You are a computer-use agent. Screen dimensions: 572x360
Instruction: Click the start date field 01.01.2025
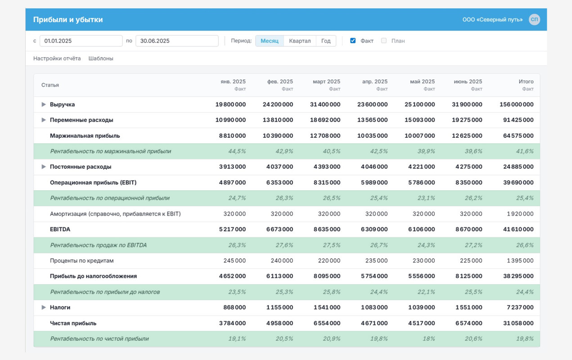pyautogui.click(x=81, y=41)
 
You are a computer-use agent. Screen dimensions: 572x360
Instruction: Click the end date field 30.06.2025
pyautogui.click(x=177, y=41)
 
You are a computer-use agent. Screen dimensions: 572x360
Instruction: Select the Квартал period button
pyautogui.click(x=300, y=41)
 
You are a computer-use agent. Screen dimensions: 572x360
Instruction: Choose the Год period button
pyautogui.click(x=326, y=41)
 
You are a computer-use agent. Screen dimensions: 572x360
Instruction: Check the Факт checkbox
pyautogui.click(x=353, y=40)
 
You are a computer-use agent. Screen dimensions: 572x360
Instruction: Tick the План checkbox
pyautogui.click(x=383, y=40)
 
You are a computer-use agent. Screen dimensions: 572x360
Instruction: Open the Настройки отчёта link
pyautogui.click(x=57, y=58)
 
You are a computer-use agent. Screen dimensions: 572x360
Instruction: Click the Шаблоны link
pyautogui.click(x=101, y=58)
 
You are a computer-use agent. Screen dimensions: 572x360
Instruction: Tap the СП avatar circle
pyautogui.click(x=534, y=20)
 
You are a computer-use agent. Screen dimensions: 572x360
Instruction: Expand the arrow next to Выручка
pyautogui.click(x=44, y=104)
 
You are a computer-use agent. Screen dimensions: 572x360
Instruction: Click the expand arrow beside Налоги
pyautogui.click(x=44, y=307)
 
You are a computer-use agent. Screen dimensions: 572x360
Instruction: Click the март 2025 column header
pyautogui.click(x=326, y=81)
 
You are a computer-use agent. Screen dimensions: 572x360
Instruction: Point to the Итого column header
pyautogui.click(x=526, y=81)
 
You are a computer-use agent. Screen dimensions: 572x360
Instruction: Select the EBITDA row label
pyautogui.click(x=60, y=229)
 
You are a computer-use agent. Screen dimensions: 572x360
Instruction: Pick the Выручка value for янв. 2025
pyautogui.click(x=230, y=104)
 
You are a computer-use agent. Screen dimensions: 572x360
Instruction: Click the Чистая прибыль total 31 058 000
pyautogui.click(x=518, y=323)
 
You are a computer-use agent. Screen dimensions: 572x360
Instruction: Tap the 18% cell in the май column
pyautogui.click(x=429, y=339)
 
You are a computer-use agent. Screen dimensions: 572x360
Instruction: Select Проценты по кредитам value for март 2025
pyautogui.click(x=329, y=261)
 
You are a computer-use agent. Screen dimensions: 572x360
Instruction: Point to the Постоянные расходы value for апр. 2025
pyautogui.click(x=374, y=166)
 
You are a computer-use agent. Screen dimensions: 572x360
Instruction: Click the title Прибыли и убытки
pyautogui.click(x=68, y=20)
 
